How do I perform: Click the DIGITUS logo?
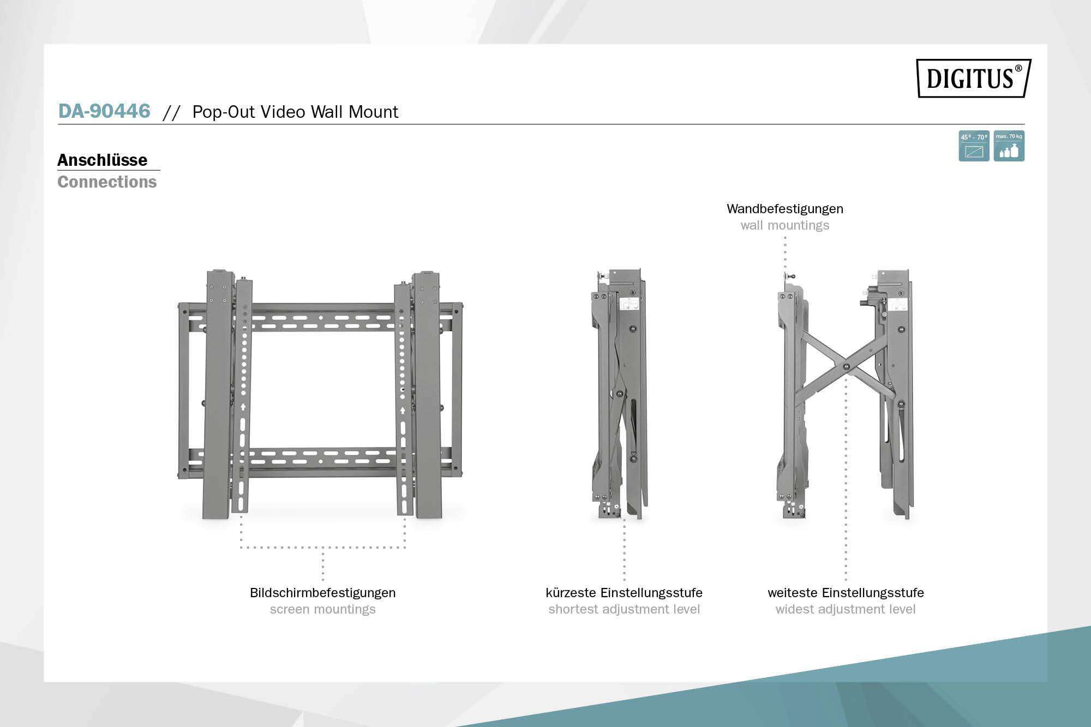(x=973, y=78)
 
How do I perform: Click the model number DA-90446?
(x=104, y=111)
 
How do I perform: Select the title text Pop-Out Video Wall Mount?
(x=295, y=112)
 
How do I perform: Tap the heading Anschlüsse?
(x=103, y=160)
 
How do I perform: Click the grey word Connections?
(x=107, y=182)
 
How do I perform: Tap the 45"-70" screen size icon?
(x=974, y=146)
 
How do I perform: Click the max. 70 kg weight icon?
(x=1009, y=146)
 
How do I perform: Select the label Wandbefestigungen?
(x=784, y=209)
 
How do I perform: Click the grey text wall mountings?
(x=784, y=225)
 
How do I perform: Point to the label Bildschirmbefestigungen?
(x=322, y=593)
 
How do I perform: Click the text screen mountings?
(x=322, y=609)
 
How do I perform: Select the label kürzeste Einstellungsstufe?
(x=624, y=593)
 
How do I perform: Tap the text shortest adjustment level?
(x=624, y=609)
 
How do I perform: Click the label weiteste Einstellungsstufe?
(x=846, y=593)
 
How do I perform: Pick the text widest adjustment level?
(x=846, y=609)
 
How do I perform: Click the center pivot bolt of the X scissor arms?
(x=846, y=367)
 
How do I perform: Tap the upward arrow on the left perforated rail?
(x=243, y=407)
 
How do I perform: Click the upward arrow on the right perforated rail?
(x=403, y=410)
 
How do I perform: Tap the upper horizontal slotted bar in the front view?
(x=322, y=319)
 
